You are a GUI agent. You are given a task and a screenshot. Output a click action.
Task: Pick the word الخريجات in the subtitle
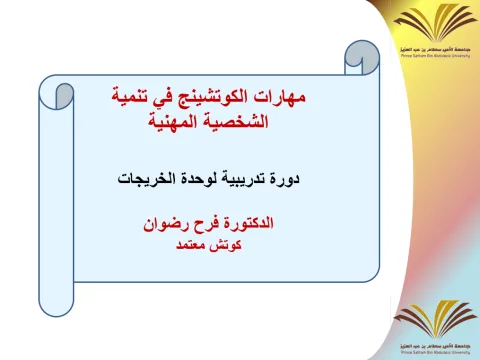pyautogui.click(x=152, y=180)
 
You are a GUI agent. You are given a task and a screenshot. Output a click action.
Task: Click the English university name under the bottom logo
pyautogui.click(x=432, y=352)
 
